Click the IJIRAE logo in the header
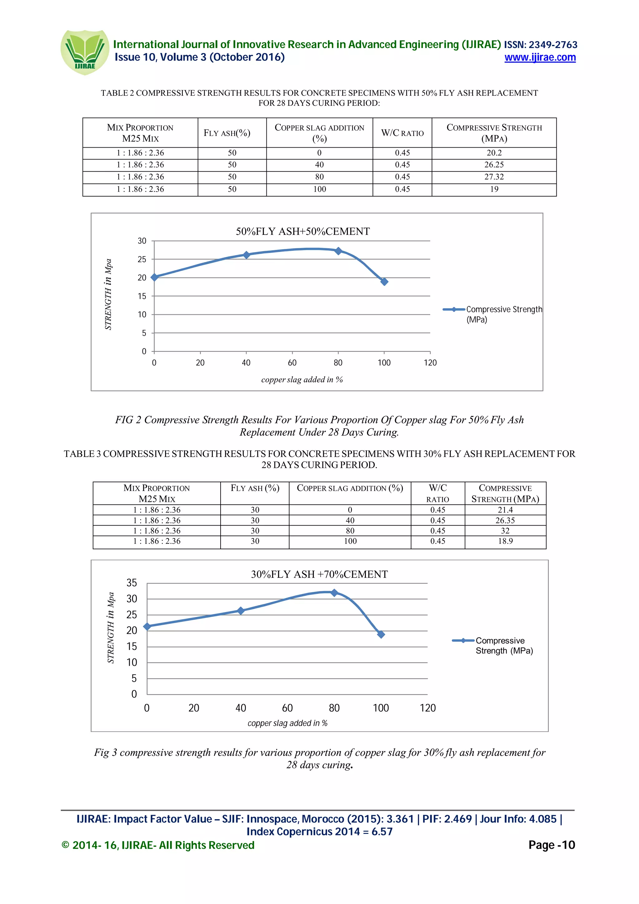85,52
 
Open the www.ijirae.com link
540,57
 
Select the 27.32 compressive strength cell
494,177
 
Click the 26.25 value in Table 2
494,165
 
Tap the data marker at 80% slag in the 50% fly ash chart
338,251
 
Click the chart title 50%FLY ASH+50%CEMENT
303,231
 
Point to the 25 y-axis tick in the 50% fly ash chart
142,260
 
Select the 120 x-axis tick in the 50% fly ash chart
430,362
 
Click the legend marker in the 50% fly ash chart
454,309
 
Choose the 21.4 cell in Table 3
505,510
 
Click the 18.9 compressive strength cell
505,541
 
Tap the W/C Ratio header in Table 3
437,493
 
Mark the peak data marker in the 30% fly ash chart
334,593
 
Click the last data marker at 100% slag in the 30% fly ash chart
381,634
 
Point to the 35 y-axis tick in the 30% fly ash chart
131,583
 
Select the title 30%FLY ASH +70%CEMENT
319,575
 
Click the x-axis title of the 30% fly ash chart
287,723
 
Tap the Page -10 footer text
551,845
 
